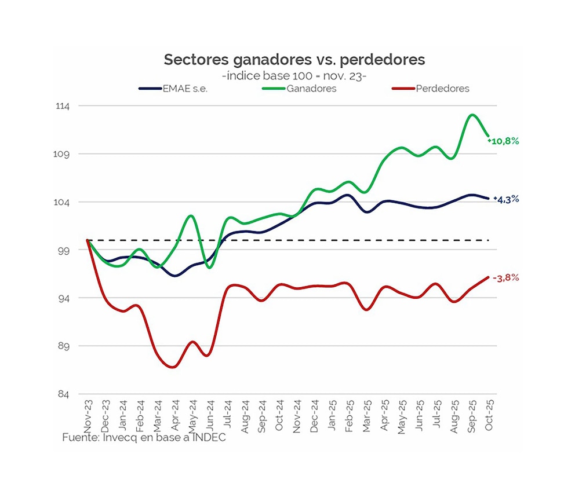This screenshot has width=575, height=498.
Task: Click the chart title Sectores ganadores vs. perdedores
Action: pos(294,60)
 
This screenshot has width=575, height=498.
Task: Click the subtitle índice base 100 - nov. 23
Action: pos(294,76)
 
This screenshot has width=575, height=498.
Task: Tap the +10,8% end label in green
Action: pos(505,141)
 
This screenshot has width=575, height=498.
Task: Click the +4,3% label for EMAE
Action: pos(506,199)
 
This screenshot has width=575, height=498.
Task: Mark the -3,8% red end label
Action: pos(505,278)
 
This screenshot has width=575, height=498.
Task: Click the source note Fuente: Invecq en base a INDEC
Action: pos(144,438)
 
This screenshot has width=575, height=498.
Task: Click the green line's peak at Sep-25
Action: pos(472,115)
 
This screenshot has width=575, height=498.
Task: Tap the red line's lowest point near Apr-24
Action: pos(172,367)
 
